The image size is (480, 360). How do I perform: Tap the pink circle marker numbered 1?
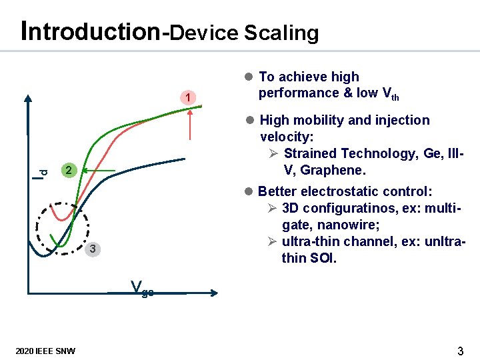[189, 99]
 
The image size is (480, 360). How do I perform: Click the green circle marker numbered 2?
[67, 171]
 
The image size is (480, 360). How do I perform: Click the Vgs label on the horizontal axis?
[142, 289]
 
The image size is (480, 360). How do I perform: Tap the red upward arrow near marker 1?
[192, 123]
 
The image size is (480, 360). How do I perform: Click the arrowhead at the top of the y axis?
[28, 99]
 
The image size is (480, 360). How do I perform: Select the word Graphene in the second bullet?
[334, 170]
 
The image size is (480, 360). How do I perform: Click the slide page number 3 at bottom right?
[460, 351]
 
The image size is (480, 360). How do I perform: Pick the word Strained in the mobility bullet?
[309, 154]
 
